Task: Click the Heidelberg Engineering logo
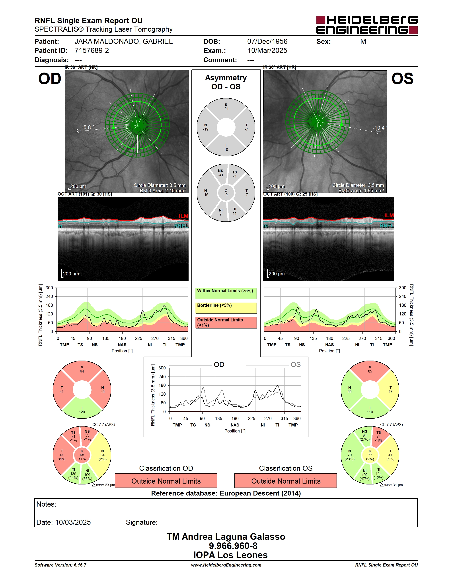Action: pos(367,25)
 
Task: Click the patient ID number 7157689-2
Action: pos(92,50)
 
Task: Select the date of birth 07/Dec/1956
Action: pos(267,41)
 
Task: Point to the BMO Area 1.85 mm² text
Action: pos(361,191)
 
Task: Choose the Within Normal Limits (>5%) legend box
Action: pos(226,293)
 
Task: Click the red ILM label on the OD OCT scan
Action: pos(183,216)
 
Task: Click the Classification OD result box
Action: pos(166,481)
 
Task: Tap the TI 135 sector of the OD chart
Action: pos(73,474)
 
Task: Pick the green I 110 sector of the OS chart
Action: pos(370,409)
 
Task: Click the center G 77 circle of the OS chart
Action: pos(370,455)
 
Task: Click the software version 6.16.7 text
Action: pos(60,565)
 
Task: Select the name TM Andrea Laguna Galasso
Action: pos(226,537)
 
